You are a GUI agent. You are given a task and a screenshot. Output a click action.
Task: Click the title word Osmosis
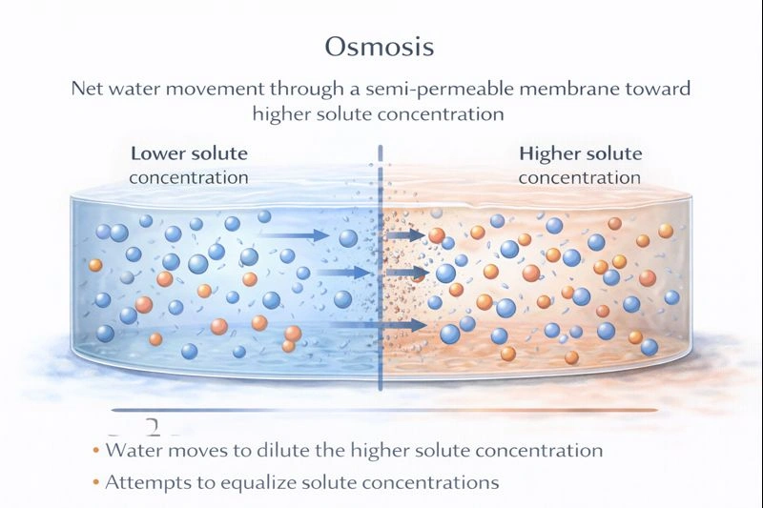point(381,47)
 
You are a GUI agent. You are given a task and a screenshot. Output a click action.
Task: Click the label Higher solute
point(580,153)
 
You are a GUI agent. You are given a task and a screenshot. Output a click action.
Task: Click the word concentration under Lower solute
point(188,177)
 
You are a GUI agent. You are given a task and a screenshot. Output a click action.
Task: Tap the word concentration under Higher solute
point(580,177)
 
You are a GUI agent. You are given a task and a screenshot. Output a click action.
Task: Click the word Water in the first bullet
point(131,450)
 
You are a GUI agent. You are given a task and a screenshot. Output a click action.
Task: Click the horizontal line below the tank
point(381,412)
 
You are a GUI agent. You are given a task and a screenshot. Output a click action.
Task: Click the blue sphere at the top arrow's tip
point(348,237)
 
